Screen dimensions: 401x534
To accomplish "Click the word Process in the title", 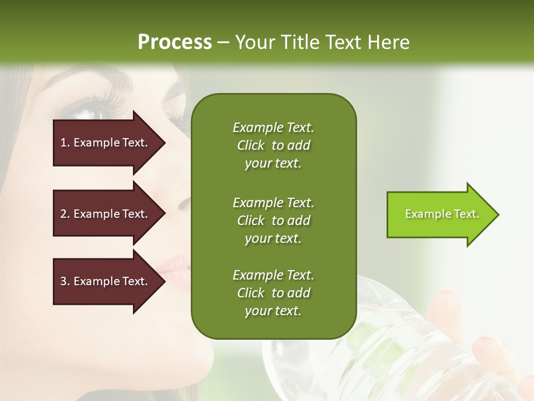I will click(175, 42).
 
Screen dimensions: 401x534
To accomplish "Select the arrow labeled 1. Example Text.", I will click(106, 143).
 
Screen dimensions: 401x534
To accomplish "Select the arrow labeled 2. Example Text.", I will click(106, 214).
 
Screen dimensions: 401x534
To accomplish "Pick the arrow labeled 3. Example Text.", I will click(106, 281).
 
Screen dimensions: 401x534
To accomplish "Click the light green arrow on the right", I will click(439, 214).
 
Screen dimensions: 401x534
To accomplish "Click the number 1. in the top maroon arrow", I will click(65, 143).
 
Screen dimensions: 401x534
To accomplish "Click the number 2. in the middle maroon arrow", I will click(65, 214).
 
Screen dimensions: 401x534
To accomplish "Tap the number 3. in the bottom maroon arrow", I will click(65, 281).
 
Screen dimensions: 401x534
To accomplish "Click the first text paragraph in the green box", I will click(273, 145).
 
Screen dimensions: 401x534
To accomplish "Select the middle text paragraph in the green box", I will click(273, 221).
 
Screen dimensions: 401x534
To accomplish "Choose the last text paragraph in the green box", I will click(273, 293).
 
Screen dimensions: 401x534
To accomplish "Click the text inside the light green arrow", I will click(442, 214).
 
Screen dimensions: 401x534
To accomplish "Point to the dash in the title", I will click(223, 43).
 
